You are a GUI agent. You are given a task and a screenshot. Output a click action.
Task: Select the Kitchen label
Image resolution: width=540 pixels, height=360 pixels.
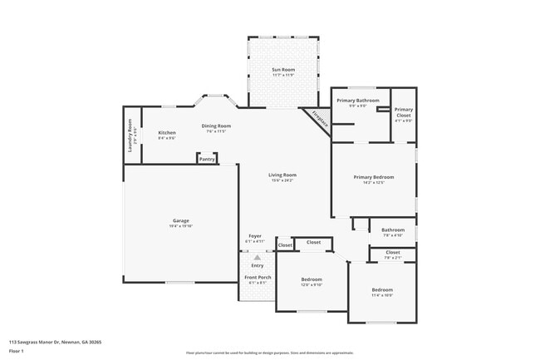tap(167, 133)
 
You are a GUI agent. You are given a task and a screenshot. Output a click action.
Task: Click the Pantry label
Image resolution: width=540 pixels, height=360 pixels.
tap(207, 159)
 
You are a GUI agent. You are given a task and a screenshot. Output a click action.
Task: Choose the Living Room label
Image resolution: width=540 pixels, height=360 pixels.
tap(282, 175)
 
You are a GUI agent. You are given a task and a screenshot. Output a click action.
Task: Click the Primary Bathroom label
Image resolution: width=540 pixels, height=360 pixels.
tap(358, 101)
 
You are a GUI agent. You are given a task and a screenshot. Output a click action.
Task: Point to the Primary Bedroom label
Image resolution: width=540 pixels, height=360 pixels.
tap(373, 177)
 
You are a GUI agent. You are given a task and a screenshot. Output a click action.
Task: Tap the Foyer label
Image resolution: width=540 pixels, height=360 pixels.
tap(256, 235)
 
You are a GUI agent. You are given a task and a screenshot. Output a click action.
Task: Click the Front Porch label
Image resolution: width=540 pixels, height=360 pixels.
tap(258, 277)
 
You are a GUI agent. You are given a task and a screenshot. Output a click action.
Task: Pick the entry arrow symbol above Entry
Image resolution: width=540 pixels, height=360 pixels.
tap(258, 258)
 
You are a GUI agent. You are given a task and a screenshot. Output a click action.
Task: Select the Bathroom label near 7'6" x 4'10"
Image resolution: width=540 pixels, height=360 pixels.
tap(393, 229)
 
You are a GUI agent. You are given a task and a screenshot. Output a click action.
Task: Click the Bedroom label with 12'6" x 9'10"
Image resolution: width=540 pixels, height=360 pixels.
tap(312, 279)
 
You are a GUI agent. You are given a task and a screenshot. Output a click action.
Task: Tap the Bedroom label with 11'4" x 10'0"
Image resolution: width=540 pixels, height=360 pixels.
tap(382, 288)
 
